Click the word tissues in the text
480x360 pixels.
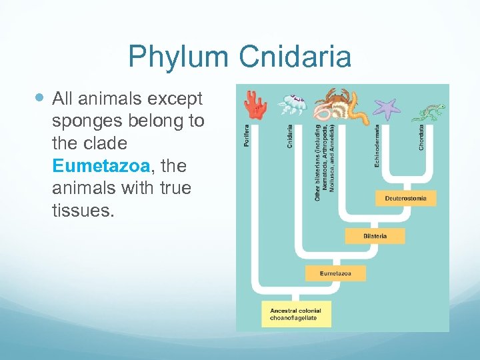[77, 211]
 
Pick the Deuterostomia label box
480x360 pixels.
[406, 198]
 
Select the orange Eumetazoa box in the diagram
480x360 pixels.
[335, 273]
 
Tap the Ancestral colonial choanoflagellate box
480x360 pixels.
[295, 314]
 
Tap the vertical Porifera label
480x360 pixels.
[247, 137]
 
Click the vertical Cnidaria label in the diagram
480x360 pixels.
[289, 136]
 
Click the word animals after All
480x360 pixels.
[109, 99]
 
